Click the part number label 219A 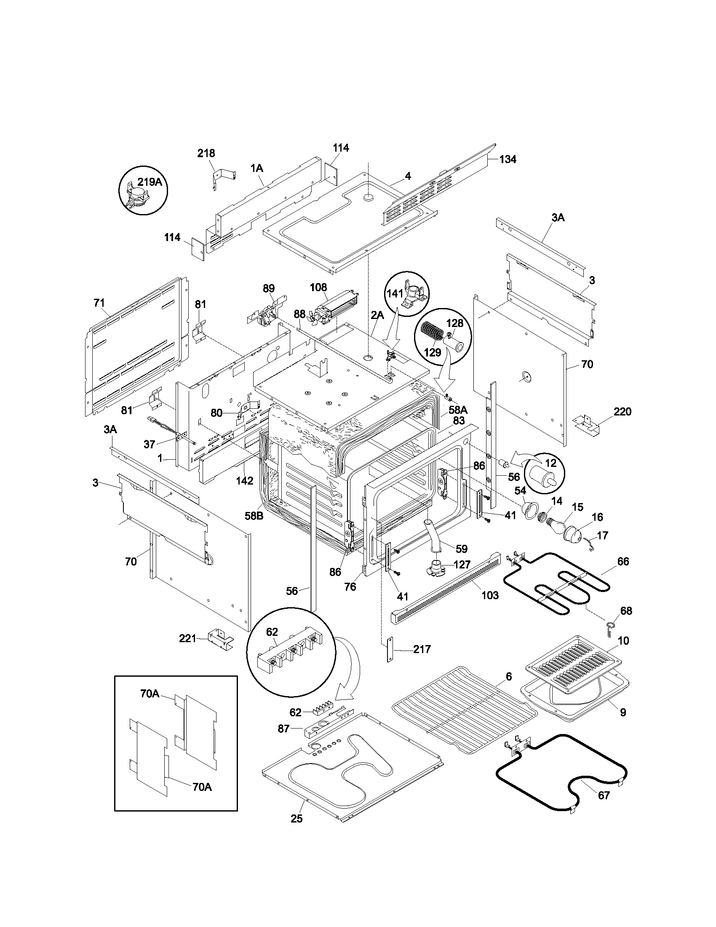[x=150, y=182]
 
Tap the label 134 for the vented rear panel [x=508, y=160]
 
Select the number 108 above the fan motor [x=318, y=287]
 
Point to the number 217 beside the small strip [x=422, y=649]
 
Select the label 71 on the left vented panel [x=99, y=303]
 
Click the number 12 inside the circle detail [x=550, y=463]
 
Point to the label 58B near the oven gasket [x=253, y=516]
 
